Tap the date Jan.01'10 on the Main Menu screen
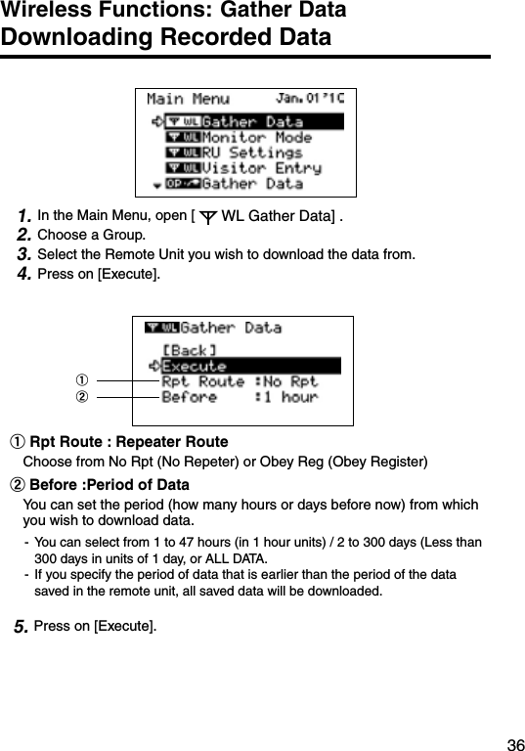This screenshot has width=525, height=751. click(x=310, y=99)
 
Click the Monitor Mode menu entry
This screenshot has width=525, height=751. click(x=256, y=138)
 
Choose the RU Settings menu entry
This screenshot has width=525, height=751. click(x=251, y=153)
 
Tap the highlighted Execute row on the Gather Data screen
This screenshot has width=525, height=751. click(x=249, y=366)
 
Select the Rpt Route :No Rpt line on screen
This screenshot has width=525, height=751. click(x=240, y=381)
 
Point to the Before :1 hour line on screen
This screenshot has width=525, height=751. click(x=240, y=397)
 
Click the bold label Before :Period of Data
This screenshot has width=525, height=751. click(x=109, y=485)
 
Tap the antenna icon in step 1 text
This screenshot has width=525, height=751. click(x=207, y=215)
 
